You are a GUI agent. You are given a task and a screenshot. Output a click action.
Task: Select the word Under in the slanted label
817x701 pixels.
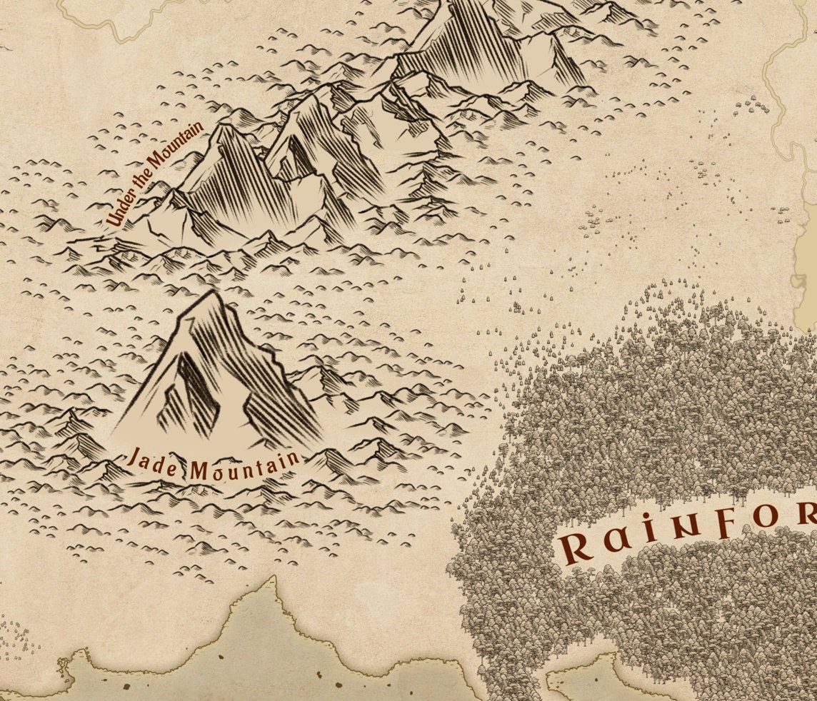tap(117, 213)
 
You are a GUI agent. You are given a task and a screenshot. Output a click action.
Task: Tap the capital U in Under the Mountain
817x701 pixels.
tap(112, 221)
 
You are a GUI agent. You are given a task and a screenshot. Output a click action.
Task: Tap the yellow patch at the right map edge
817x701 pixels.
tap(807, 257)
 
